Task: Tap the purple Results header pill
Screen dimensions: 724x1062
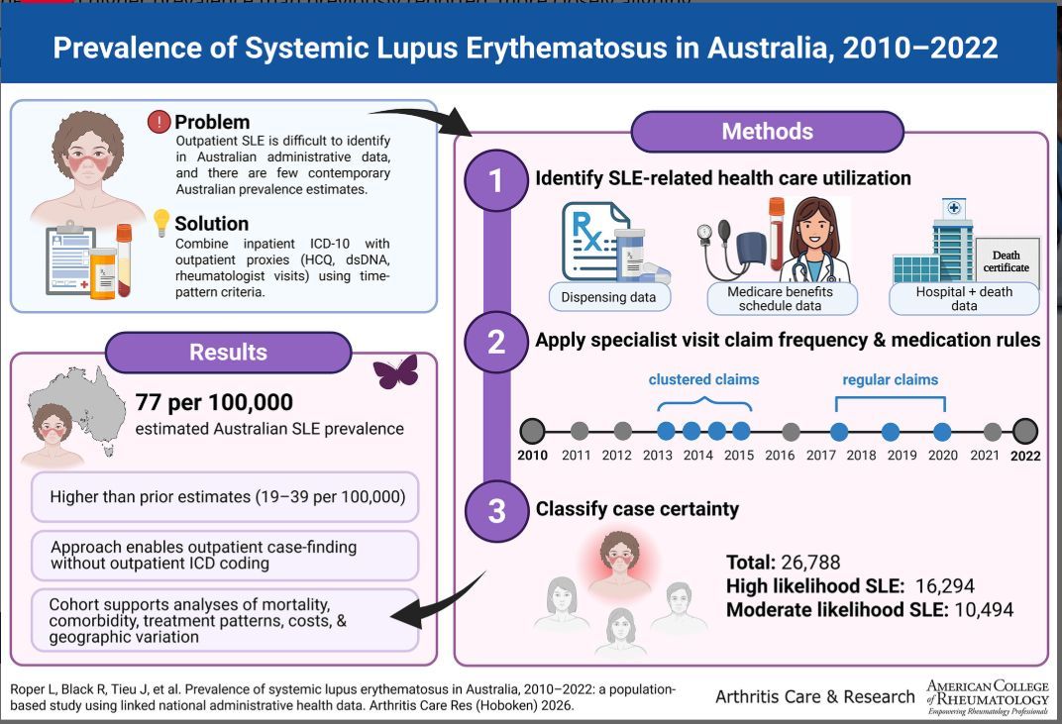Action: click(x=228, y=352)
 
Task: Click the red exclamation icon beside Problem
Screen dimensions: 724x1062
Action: click(x=159, y=122)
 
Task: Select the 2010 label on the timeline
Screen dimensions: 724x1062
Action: click(x=532, y=456)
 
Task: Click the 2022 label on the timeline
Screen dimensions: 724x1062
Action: click(x=1025, y=456)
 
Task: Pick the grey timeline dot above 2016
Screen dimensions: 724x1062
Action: click(x=791, y=431)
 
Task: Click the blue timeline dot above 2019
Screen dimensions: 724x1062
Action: click(x=891, y=431)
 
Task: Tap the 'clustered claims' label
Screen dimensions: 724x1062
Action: click(x=704, y=379)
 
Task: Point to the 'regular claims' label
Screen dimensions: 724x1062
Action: click(x=890, y=379)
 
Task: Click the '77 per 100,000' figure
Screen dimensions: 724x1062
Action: click(x=215, y=402)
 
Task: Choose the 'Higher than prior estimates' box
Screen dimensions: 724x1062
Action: click(x=225, y=496)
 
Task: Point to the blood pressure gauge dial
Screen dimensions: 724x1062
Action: click(x=704, y=234)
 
